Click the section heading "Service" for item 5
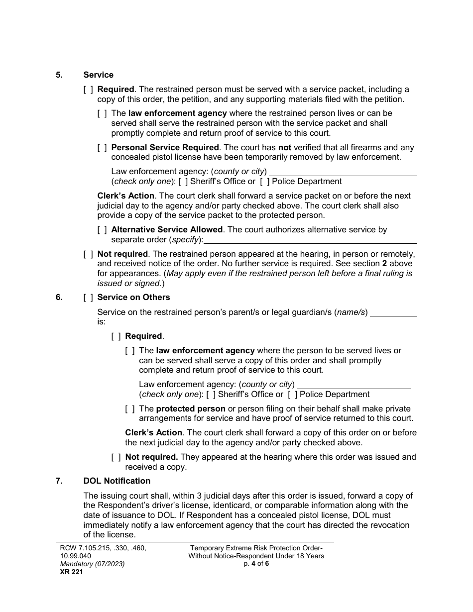click(98, 75)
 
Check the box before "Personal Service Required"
click(102, 148)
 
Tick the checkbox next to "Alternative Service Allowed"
click(102, 230)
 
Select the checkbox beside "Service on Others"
click(88, 298)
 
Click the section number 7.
click(59, 481)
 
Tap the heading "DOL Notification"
click(117, 481)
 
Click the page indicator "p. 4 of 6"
click(256, 564)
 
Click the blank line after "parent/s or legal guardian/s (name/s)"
click(394, 313)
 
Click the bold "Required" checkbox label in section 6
click(144, 336)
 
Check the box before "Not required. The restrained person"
click(88, 254)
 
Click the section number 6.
click(59, 298)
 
